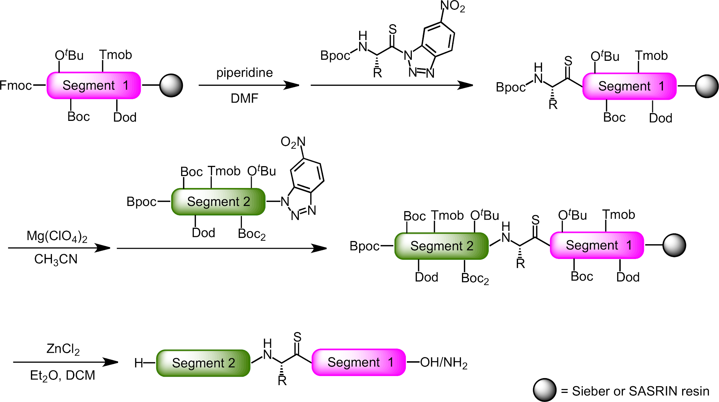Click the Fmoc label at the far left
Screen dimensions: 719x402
click(x=16, y=85)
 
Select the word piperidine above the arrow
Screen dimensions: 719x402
click(x=245, y=73)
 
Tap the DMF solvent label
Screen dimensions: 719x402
click(x=245, y=98)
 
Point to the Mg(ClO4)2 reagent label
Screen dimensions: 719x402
click(x=57, y=236)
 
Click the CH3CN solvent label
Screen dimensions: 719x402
click(x=56, y=259)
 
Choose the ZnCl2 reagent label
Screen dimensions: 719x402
click(x=63, y=349)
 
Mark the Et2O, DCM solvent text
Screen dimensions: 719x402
click(x=62, y=376)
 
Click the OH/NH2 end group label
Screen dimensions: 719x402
click(x=444, y=363)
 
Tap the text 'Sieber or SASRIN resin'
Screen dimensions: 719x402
click(x=641, y=391)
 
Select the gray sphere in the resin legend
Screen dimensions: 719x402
click(x=545, y=390)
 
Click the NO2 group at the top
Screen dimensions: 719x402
click(x=453, y=7)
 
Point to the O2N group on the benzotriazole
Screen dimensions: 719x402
click(x=293, y=142)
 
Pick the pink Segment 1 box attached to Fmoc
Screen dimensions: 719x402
click(x=94, y=85)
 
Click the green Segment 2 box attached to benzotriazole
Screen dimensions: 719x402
click(x=218, y=202)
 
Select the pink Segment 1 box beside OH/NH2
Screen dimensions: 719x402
click(x=359, y=362)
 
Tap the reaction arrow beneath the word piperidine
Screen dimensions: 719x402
click(x=249, y=85)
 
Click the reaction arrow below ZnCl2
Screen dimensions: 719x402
click(x=66, y=362)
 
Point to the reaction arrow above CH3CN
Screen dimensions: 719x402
click(x=59, y=248)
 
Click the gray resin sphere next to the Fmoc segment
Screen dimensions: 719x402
click(x=171, y=85)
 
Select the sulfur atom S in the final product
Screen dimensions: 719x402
click(x=297, y=337)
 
